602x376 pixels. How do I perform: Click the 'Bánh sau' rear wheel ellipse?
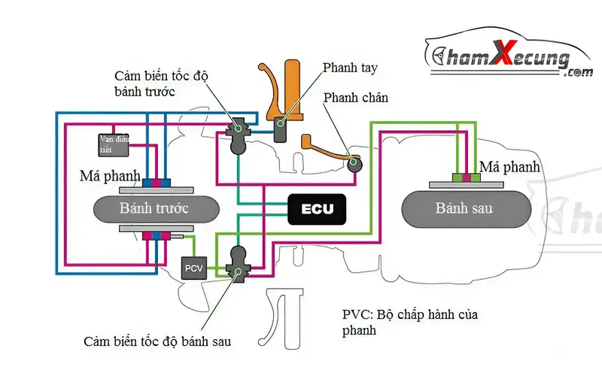point(464,208)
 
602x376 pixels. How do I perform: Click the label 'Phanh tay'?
point(350,68)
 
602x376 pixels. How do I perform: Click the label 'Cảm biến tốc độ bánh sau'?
point(157,341)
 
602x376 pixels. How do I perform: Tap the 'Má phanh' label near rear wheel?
point(509,166)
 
